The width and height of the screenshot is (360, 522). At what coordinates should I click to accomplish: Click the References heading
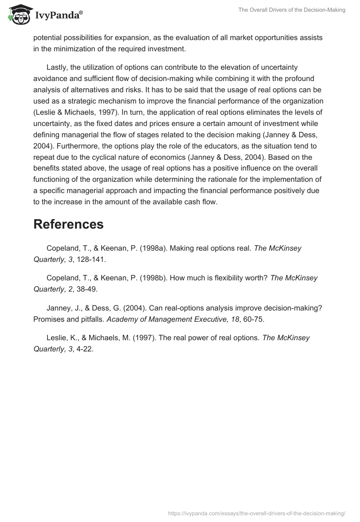68,224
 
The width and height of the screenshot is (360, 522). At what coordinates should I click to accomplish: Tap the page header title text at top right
292,10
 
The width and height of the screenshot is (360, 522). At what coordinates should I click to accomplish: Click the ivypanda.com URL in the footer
256,513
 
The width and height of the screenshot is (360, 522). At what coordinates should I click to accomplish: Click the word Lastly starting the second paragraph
58,67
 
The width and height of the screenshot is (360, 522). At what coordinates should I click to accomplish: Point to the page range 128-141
90,259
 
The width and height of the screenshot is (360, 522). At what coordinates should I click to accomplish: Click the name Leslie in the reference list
57,338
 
